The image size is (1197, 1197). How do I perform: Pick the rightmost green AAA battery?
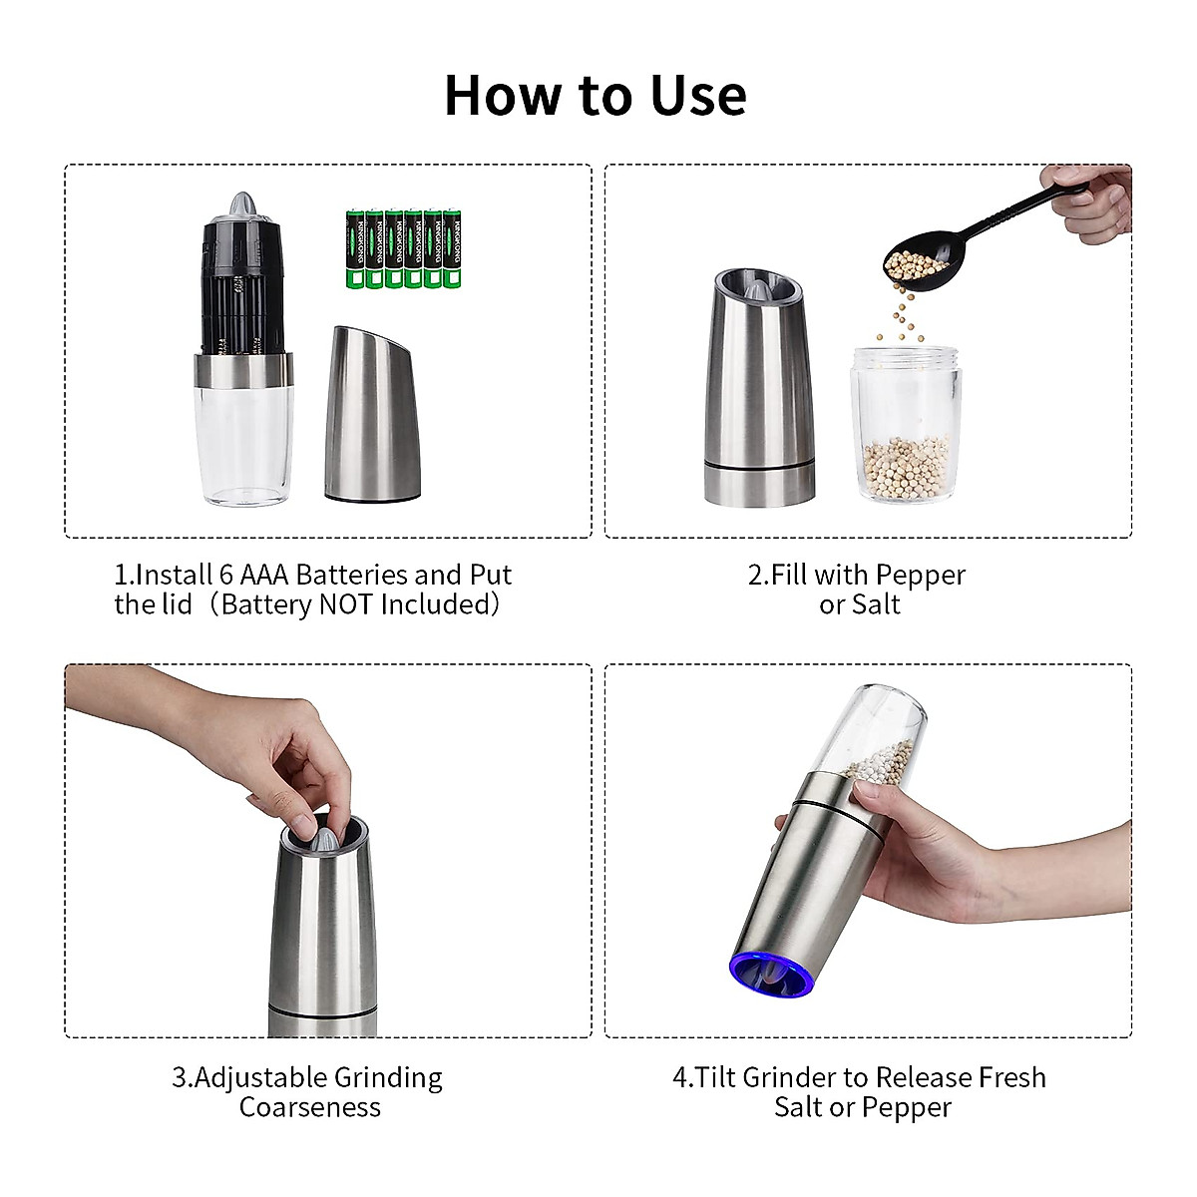point(452,249)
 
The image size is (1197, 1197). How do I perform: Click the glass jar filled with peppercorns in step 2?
point(904,427)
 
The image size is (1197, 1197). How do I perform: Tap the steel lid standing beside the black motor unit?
point(372,419)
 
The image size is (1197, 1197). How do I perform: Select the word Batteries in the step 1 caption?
point(351,576)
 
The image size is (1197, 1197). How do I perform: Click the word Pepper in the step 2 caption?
point(923,576)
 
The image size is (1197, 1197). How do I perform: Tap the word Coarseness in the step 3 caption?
point(310,1107)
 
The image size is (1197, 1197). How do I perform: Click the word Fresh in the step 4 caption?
point(1011,1078)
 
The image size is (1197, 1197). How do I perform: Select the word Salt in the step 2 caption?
point(875,605)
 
